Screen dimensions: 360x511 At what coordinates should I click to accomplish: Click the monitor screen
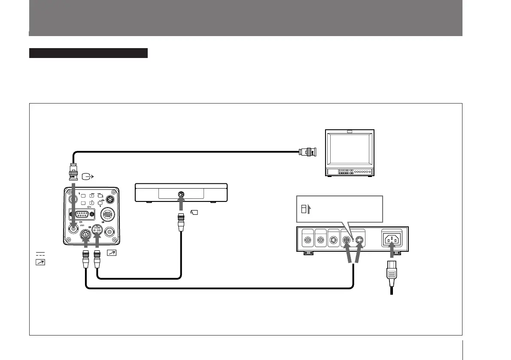[x=350, y=150]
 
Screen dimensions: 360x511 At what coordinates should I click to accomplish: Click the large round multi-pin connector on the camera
[x=107, y=214]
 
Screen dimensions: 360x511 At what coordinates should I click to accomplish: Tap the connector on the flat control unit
[x=181, y=195]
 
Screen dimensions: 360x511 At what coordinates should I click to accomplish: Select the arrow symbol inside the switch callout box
[x=310, y=210]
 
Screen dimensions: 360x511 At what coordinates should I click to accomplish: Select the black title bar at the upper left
[x=88, y=53]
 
